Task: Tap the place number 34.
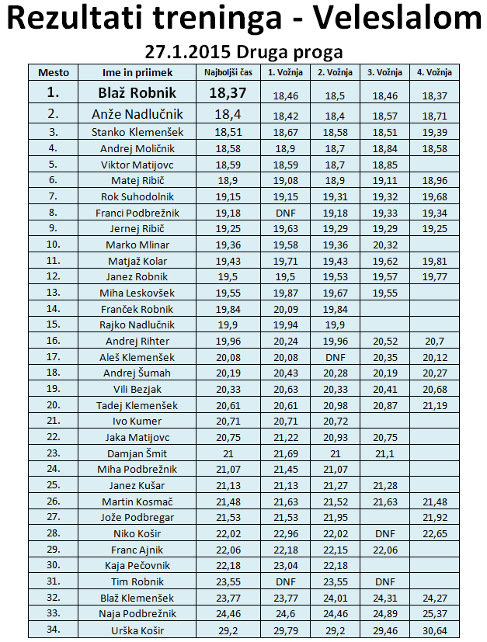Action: pyautogui.click(x=53, y=630)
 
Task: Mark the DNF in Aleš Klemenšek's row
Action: pyautogui.click(x=335, y=357)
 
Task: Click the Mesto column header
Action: pyautogui.click(x=54, y=72)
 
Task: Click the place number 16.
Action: pyautogui.click(x=53, y=341)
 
